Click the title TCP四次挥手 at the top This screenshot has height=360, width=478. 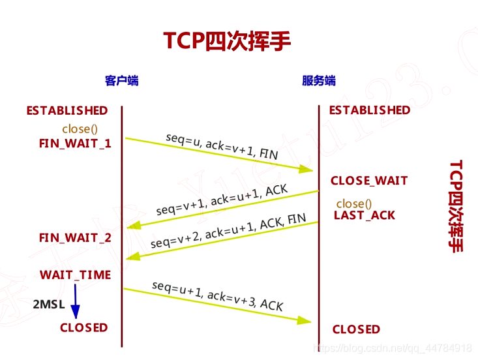coord(227,40)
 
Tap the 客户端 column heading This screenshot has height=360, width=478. coord(122,81)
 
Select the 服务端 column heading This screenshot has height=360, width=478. coord(319,81)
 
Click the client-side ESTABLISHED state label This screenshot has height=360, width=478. coord(67,111)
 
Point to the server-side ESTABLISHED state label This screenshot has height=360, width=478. coord(370,110)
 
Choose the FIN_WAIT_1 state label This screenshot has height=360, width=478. coord(75,143)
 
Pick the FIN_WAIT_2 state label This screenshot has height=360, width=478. coord(75,238)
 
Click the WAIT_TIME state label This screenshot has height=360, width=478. coord(75,275)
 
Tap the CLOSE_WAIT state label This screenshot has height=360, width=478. coord(369,181)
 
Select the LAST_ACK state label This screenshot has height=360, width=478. coord(365,215)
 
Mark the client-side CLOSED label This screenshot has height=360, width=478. coord(83,327)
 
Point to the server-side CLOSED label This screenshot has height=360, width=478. coord(356,329)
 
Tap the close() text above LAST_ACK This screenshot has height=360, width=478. coord(354,203)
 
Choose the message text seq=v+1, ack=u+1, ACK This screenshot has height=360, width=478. coord(222,200)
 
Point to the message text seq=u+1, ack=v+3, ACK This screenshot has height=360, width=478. coord(217,295)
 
